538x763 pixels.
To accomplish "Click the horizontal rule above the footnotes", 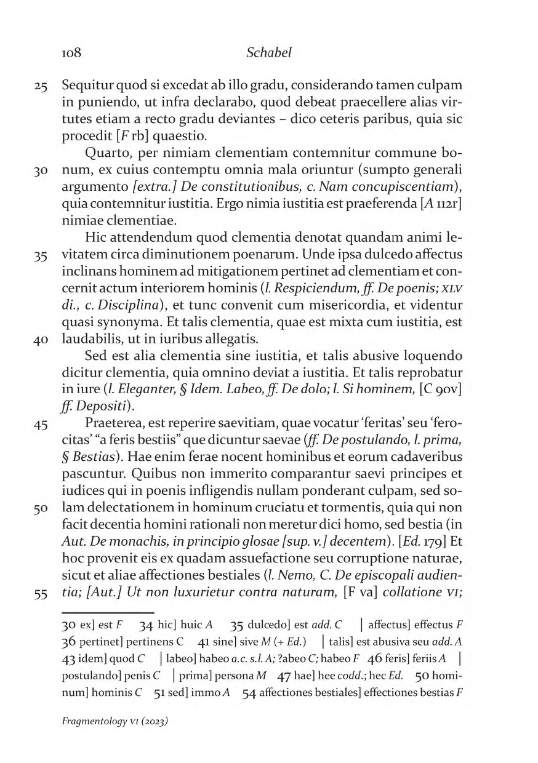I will [107, 613].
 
